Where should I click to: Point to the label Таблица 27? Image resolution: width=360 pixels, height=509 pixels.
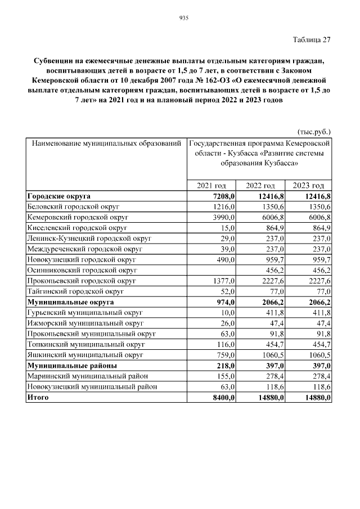(x=312, y=40)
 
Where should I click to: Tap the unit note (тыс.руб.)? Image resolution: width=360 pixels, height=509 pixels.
(x=313, y=132)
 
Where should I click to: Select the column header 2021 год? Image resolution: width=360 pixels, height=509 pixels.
(x=211, y=186)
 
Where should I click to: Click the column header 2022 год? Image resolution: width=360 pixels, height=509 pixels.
(x=260, y=186)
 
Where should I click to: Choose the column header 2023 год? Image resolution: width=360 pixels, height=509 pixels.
(x=309, y=186)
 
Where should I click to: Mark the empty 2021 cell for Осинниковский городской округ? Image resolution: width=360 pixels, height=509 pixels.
(x=211, y=270)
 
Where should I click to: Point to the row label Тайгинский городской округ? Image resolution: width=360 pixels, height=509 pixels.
(x=75, y=291)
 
